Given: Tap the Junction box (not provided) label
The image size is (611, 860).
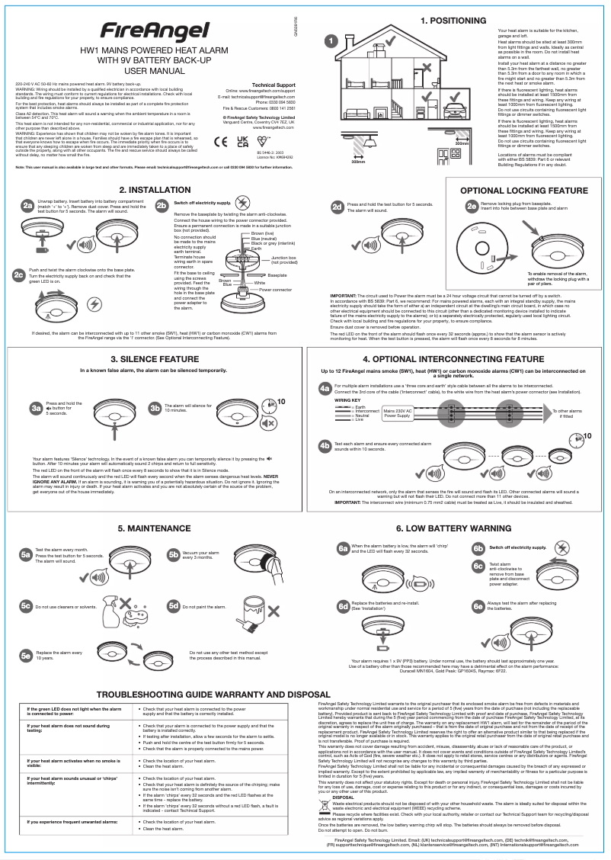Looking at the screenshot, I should (283, 261).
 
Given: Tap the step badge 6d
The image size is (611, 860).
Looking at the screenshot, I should (343, 606).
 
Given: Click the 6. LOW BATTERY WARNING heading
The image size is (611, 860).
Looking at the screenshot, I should (453, 528).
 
